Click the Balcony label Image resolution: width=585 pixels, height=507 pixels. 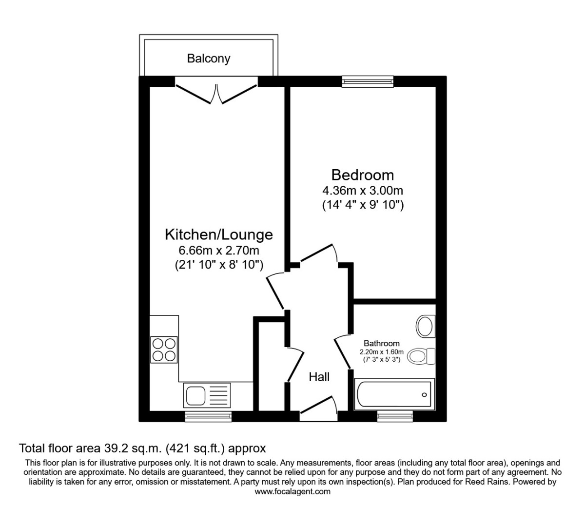tap(209, 58)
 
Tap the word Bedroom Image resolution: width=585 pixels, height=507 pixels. tap(363, 175)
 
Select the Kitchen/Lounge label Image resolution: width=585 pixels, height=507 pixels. tap(219, 234)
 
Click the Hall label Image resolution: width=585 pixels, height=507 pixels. tap(319, 377)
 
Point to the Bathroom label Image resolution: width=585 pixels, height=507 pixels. tap(382, 343)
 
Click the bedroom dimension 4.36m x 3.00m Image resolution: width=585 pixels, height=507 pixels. tap(363, 191)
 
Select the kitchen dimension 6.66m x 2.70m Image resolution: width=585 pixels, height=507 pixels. tap(219, 250)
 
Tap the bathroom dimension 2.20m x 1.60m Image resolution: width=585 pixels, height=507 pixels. tap(382, 352)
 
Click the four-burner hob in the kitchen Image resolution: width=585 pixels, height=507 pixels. tap(164, 350)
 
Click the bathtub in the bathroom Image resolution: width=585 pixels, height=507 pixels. tap(394, 394)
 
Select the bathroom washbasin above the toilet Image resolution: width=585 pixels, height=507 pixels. tap(426, 327)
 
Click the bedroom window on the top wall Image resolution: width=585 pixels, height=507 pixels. tap(368, 81)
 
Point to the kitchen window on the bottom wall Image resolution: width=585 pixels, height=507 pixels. tap(208, 417)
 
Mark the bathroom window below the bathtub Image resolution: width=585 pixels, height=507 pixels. tap(395, 416)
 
